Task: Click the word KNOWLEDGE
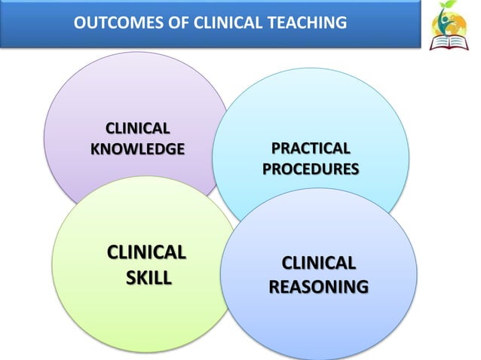[x=136, y=148]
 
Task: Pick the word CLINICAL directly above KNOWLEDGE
[x=137, y=127]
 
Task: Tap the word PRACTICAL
[x=311, y=148]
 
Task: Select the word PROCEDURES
[x=311, y=168]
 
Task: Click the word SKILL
[x=148, y=278]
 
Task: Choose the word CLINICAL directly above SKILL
[x=148, y=252]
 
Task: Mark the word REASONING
[x=318, y=287]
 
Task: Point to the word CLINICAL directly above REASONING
[x=318, y=263]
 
